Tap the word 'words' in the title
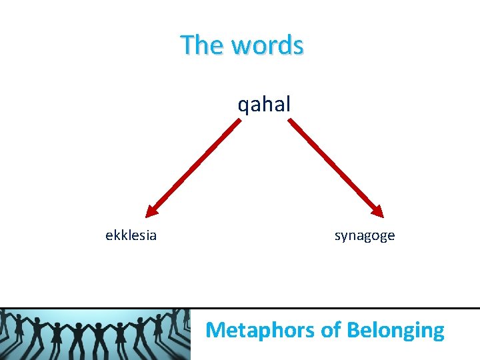point(267,45)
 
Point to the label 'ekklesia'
point(131,235)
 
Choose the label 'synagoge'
point(365,235)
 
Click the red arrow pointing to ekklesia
point(193,167)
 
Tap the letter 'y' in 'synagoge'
point(343,237)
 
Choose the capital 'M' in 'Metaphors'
point(215,329)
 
